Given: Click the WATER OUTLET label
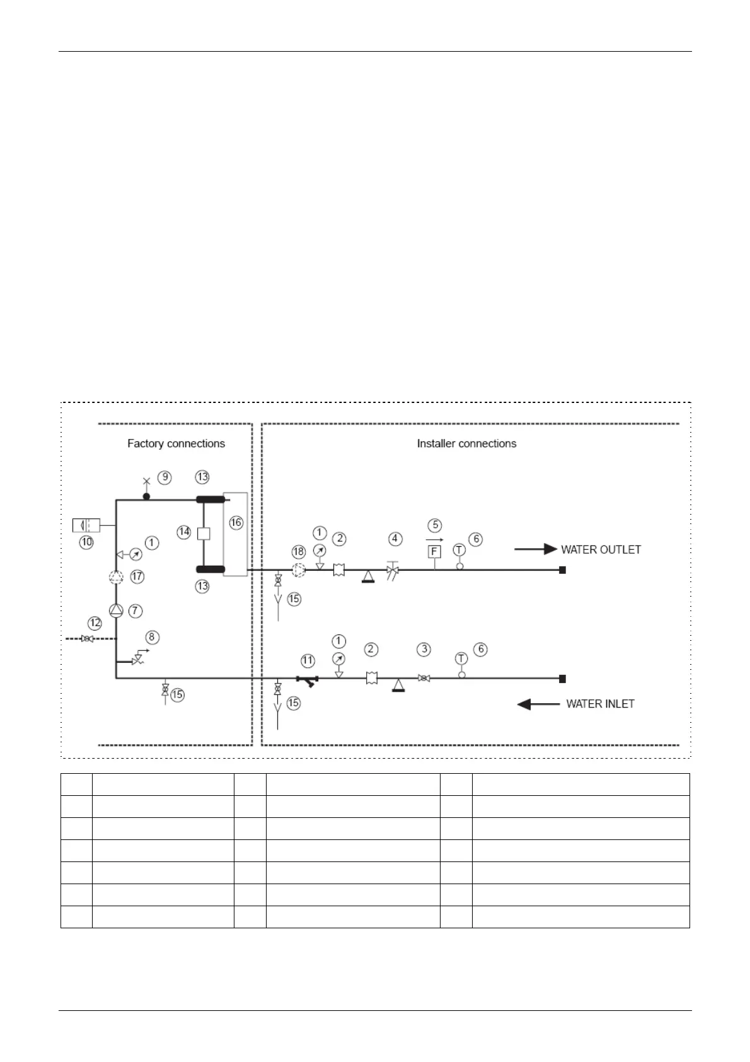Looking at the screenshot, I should point(601,549).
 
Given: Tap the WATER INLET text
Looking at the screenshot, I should point(600,704).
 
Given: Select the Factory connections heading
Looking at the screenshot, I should point(176,443).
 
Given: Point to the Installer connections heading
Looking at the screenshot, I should point(466,443).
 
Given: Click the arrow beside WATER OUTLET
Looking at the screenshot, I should point(536,549).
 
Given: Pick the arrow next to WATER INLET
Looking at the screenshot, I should point(538,704).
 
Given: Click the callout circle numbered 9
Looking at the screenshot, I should point(164,477).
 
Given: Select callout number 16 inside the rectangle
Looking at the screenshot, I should point(236,522).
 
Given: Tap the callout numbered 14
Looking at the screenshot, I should point(184,532).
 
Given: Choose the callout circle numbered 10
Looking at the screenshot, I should point(86,542).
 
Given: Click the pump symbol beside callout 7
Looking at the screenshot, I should point(117,610).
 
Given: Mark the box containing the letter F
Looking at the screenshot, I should point(434,552).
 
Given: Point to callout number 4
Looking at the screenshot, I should point(395,539).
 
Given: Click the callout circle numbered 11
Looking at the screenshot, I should point(307,661).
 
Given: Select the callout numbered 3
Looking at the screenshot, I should point(424,649).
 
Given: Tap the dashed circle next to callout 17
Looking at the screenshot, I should point(117,576).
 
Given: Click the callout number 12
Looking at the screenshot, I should point(95,623).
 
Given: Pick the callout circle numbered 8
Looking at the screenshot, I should point(151,637).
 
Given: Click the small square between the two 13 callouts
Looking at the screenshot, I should point(204,534).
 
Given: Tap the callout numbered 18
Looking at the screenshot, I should point(298,552).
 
